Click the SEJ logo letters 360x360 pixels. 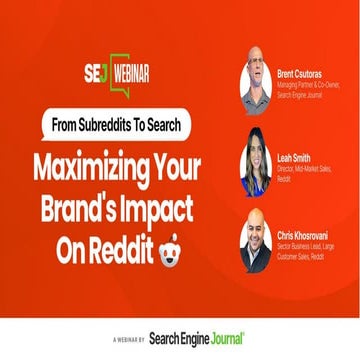tap(96, 73)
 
